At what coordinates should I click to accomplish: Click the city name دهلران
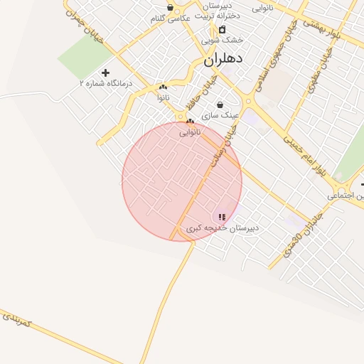223,60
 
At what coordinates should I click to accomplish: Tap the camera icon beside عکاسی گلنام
170,8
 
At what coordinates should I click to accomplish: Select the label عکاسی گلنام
169,18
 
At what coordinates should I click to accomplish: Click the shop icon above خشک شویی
223,29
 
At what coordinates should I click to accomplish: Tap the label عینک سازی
220,114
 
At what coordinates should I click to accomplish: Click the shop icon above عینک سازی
220,105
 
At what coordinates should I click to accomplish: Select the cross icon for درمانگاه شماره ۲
106,73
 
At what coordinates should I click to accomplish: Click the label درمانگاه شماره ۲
106,83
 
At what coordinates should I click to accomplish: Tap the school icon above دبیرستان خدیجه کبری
223,217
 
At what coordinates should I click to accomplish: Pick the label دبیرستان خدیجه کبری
223,228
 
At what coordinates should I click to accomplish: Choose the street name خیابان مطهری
317,71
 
